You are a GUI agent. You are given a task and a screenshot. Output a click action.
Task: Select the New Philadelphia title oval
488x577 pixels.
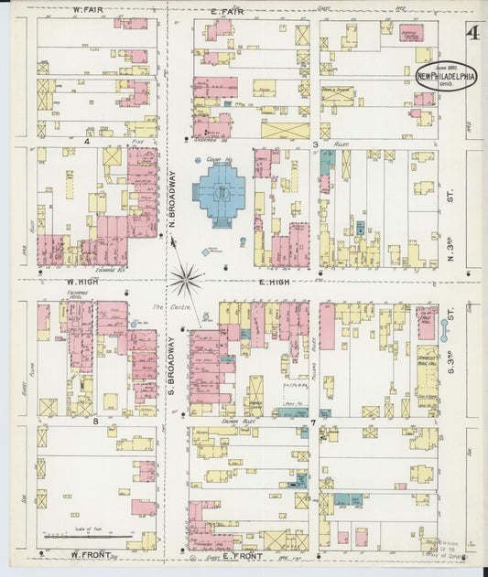pyautogui.click(x=446, y=78)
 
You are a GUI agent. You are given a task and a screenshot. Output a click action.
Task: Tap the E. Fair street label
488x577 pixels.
pyautogui.click(x=225, y=10)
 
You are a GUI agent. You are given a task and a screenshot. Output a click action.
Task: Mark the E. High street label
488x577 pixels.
pyautogui.click(x=274, y=282)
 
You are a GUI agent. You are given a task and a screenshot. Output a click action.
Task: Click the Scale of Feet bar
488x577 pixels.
pyautogui.click(x=87, y=535)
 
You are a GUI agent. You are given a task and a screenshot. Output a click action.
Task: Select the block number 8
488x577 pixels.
pyautogui.click(x=94, y=422)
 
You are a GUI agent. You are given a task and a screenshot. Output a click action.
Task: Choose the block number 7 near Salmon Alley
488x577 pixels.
pyautogui.click(x=312, y=422)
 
